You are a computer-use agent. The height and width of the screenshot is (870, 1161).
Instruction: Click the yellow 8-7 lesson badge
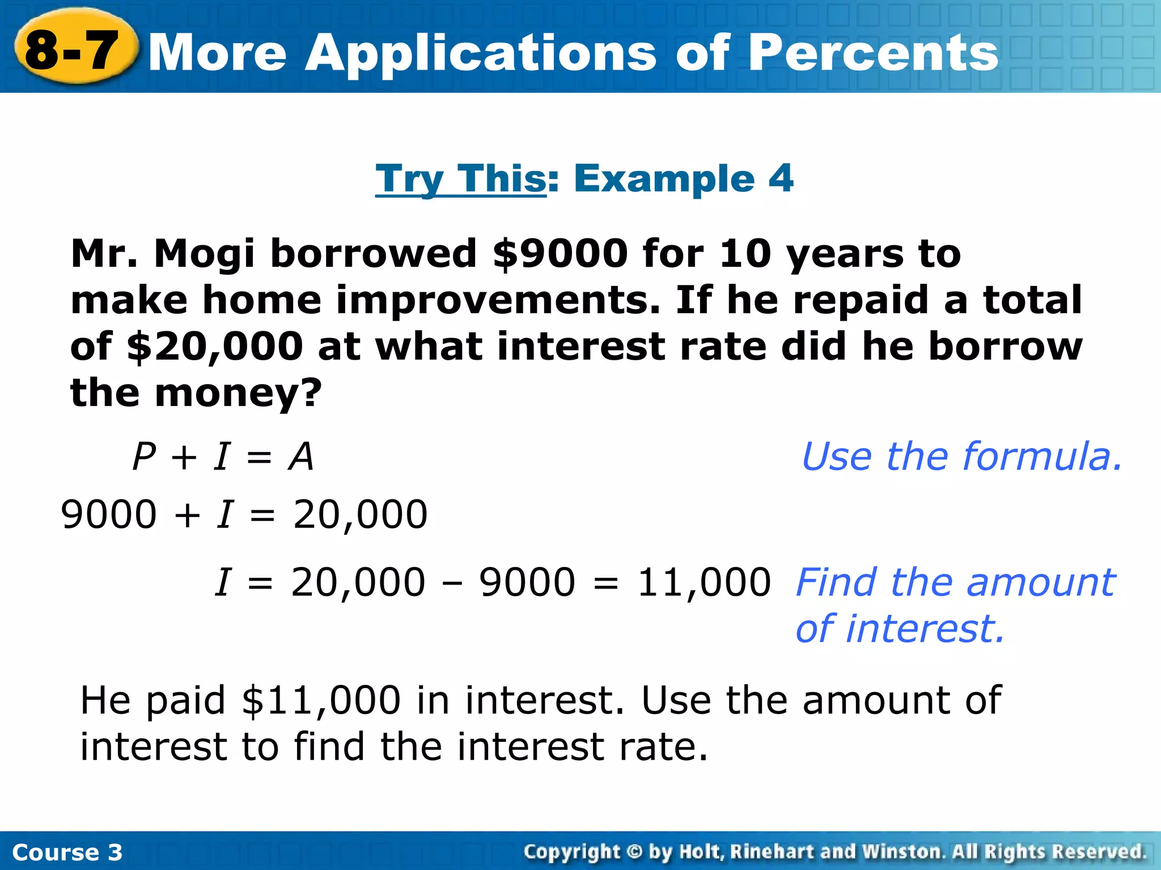pos(73,50)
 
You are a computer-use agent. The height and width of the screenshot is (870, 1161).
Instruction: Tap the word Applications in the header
pos(482,54)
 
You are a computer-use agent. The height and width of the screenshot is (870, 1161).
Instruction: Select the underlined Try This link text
pos(460,178)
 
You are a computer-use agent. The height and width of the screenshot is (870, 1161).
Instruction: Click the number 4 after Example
pos(781,178)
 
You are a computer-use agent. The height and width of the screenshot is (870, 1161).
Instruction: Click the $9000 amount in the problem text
pos(560,253)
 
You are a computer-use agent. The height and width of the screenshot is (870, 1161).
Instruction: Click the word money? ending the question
pos(238,393)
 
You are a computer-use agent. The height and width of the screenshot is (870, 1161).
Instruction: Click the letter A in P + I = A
pos(300,457)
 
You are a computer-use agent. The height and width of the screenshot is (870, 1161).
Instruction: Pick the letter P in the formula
pos(144,457)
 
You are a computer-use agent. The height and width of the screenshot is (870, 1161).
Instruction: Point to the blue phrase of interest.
pos(900,629)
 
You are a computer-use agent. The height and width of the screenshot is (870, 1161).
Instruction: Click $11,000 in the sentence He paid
pos(321,701)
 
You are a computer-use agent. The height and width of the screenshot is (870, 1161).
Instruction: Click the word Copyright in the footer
pos(573,852)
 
